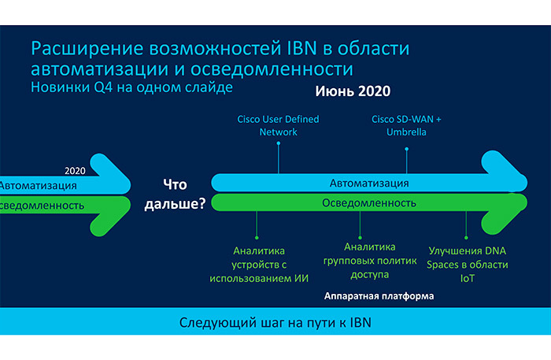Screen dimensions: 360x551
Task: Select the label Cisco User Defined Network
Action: (279, 125)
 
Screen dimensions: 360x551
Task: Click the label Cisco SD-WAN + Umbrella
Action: (406, 125)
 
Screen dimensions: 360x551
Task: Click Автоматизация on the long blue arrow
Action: (368, 184)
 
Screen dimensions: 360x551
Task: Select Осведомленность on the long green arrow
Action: (368, 202)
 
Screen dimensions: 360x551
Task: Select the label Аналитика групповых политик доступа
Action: (359, 262)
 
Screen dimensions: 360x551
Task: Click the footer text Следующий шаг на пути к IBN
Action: (275, 323)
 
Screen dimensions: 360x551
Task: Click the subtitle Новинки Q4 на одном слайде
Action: (131, 87)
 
